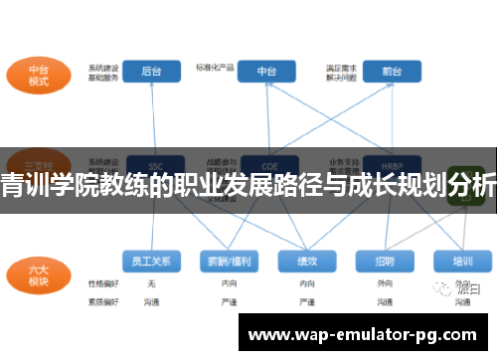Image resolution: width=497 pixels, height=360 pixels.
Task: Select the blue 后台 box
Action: point(151,72)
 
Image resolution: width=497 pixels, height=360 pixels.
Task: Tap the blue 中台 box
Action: point(267,72)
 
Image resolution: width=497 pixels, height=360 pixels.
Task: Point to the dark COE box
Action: point(267,164)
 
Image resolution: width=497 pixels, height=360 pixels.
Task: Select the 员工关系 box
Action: point(151,262)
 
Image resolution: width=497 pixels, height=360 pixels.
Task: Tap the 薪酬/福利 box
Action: point(229,262)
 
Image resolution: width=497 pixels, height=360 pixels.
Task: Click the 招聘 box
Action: point(385,262)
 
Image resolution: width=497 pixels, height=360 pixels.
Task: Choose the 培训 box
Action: point(462,262)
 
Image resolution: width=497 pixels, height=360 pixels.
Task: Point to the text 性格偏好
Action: point(101,283)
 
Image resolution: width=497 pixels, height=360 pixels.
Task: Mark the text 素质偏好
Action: point(101,300)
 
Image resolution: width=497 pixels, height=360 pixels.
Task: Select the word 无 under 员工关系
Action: point(151,283)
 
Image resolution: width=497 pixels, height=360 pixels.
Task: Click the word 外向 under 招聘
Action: point(385,283)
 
